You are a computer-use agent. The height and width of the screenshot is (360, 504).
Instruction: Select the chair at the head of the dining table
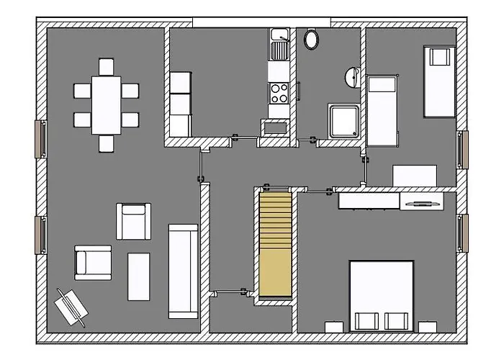tap(106, 66)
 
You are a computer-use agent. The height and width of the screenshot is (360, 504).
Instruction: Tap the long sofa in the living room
tap(183, 271)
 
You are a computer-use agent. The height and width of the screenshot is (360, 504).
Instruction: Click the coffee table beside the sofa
tap(138, 276)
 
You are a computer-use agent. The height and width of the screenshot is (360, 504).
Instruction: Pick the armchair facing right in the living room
tap(92, 263)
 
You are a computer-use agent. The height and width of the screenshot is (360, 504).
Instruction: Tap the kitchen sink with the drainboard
tap(279, 44)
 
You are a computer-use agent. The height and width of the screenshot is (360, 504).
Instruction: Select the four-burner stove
tap(279, 92)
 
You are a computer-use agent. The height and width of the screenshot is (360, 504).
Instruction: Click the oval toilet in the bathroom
tap(312, 39)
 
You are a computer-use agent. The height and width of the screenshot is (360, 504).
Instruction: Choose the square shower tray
tap(343, 121)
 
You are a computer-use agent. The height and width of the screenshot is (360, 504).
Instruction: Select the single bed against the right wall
tap(438, 81)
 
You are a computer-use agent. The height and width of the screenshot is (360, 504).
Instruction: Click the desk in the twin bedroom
tap(414, 176)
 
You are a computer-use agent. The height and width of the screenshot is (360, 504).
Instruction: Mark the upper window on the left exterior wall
tap(41, 137)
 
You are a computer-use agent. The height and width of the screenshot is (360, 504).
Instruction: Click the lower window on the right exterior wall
tap(462, 233)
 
